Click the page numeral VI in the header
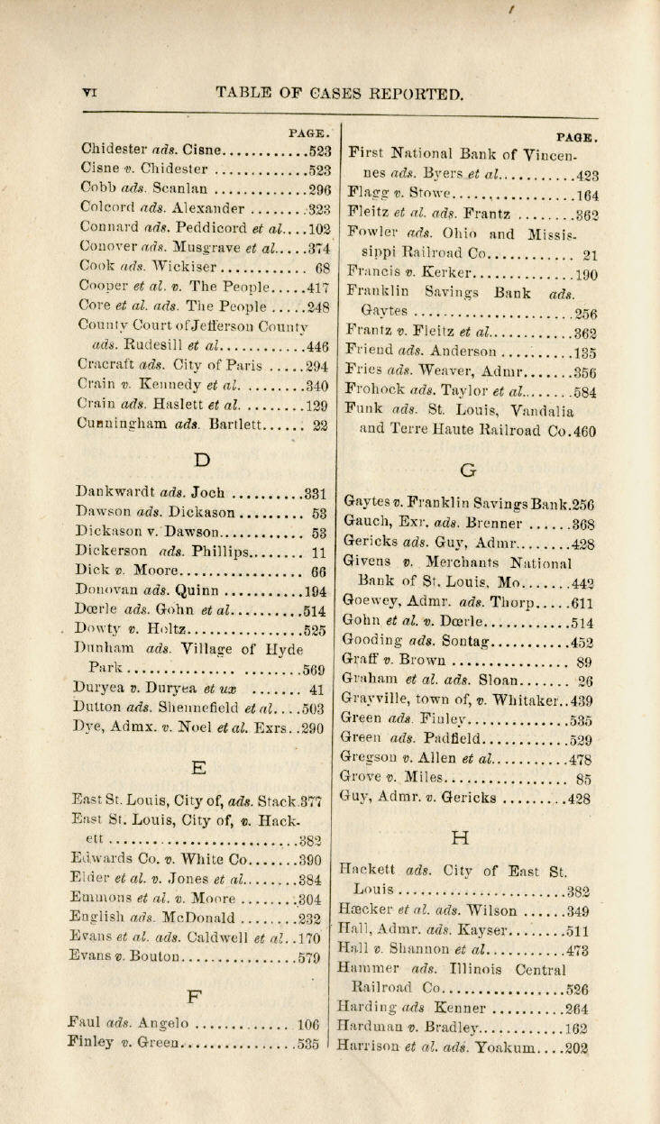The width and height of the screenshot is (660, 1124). tap(88, 92)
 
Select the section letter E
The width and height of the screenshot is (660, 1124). tap(199, 767)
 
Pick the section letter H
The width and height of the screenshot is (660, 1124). tap(460, 837)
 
